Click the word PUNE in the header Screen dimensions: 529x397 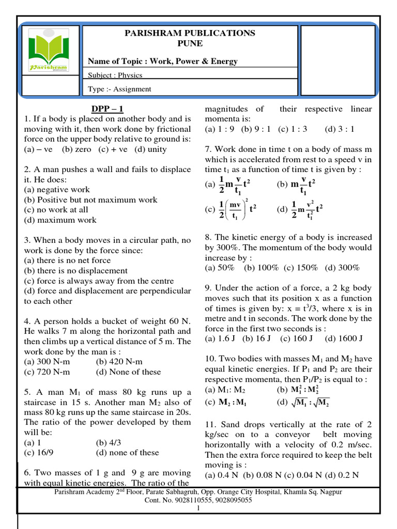pyautogui.click(x=190, y=43)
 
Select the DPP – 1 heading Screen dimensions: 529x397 pyautogui.click(x=107, y=108)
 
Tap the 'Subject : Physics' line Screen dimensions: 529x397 pyautogui.click(x=115, y=75)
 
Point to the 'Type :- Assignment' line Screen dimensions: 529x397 pyautogui.click(x=119, y=89)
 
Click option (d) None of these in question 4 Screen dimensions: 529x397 pyautogui.click(x=128, y=372)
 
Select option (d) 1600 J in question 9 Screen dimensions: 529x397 pyautogui.click(x=344, y=338)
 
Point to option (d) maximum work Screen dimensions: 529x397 pyautogui.click(x=60, y=220)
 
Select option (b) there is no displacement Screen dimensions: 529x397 pyautogui.click(x=75, y=271)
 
